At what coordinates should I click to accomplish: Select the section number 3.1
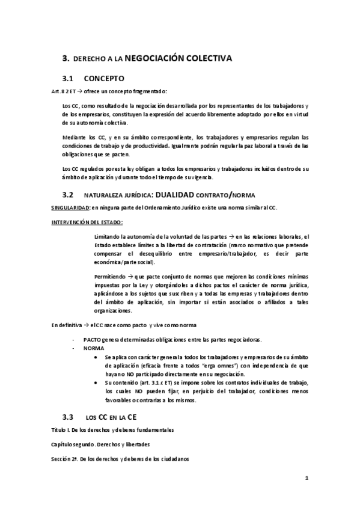72,78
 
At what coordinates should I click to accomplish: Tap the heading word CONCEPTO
105,78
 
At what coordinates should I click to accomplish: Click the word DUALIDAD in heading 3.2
180,194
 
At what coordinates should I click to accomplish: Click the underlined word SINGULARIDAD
70,208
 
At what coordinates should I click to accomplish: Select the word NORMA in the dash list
94,348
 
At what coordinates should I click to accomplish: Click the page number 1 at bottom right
307,478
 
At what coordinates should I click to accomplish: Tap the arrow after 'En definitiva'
85,325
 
